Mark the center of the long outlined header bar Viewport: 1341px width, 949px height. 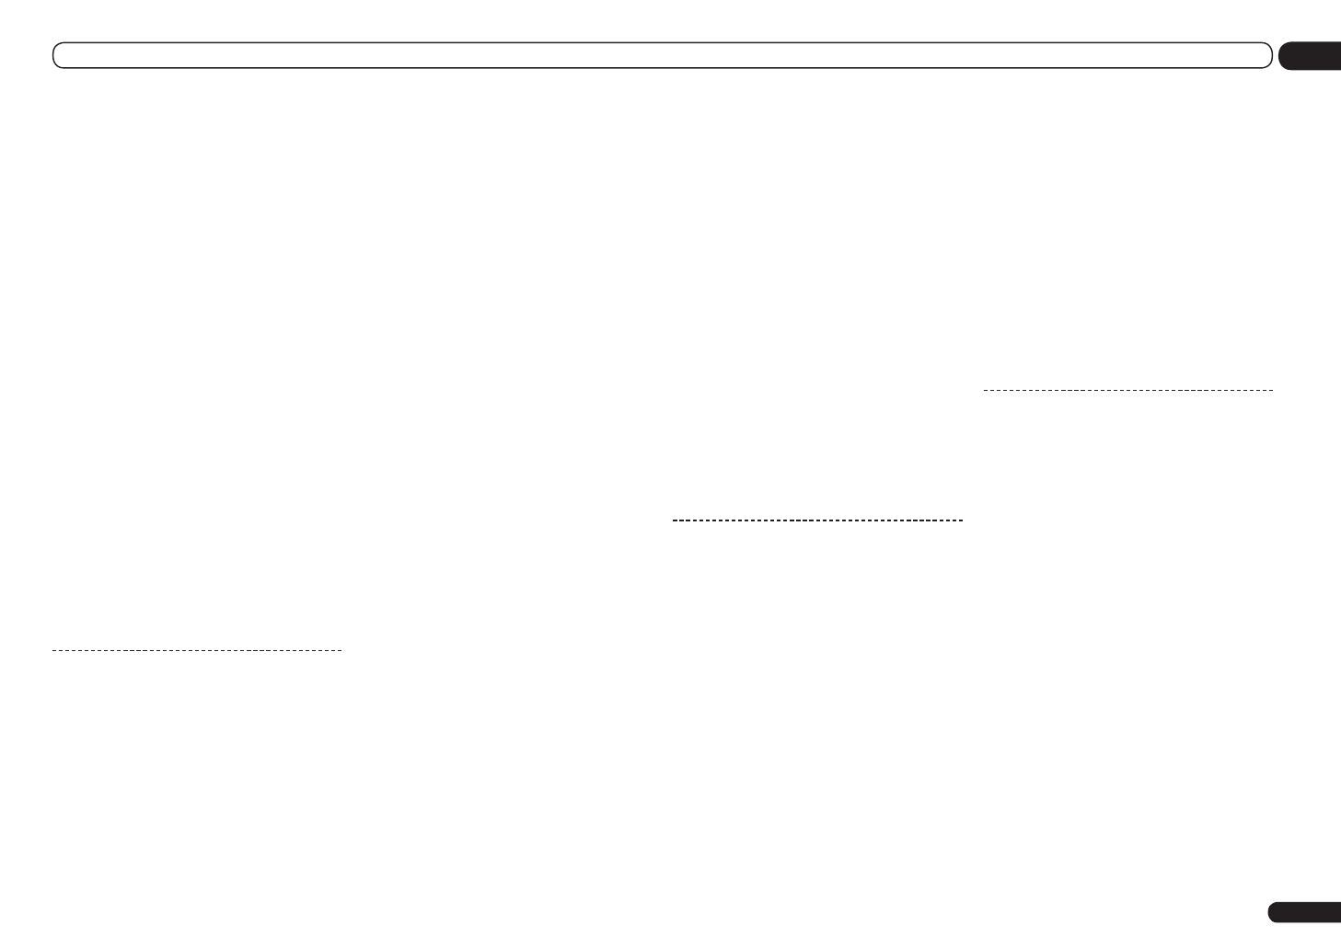point(663,55)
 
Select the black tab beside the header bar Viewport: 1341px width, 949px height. point(1312,56)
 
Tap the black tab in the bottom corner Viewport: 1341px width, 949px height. point(1305,912)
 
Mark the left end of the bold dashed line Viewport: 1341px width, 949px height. point(675,520)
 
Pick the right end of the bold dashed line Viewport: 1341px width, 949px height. point(962,520)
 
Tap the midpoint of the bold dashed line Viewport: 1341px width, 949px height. point(818,520)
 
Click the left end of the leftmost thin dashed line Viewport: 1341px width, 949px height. point(53,651)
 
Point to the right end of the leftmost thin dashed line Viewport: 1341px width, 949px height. point(341,651)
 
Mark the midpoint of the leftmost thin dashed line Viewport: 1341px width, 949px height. point(197,651)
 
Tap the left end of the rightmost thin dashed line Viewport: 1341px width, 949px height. point(985,391)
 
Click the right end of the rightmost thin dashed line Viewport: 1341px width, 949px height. point(1272,391)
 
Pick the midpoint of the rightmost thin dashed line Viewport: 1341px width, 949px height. point(1128,391)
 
